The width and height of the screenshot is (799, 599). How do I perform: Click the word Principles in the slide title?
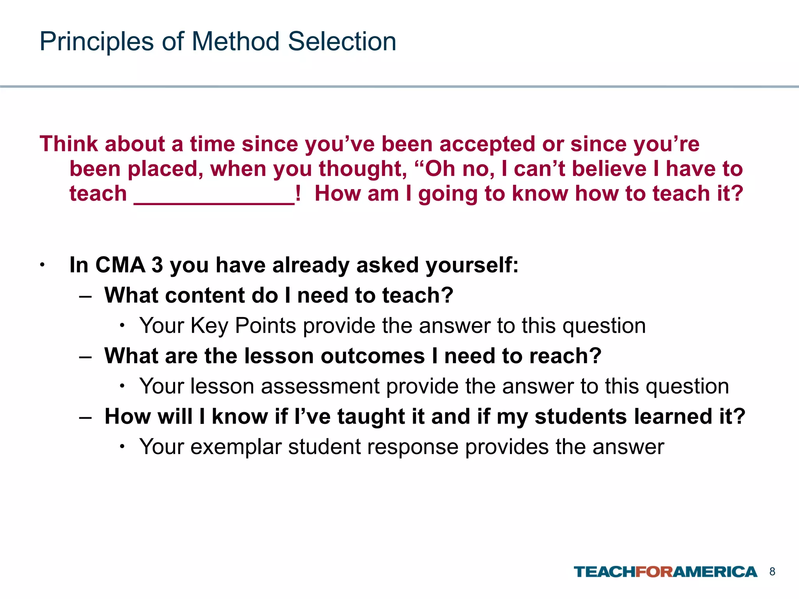[96, 42]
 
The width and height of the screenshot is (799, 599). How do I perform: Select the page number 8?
[772, 572]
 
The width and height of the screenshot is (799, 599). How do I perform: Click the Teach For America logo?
[665, 572]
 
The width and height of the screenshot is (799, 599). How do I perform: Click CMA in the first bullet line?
[120, 265]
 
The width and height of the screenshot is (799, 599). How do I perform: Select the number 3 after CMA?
[157, 265]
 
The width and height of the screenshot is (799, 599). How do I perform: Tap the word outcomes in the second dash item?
[373, 356]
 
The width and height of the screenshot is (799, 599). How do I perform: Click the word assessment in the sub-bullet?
[320, 386]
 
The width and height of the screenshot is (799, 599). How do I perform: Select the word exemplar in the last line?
[236, 447]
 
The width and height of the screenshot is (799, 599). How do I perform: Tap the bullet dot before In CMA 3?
[42, 266]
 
